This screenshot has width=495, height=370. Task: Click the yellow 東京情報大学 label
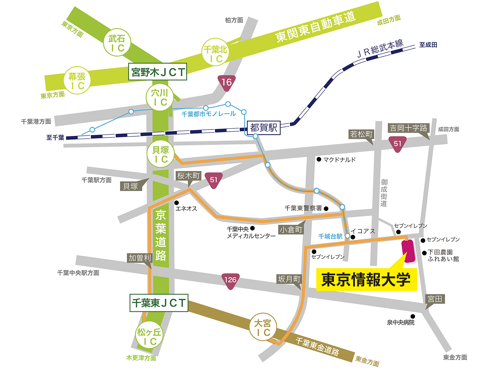click(366, 280)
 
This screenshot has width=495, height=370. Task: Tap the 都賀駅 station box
click(264, 128)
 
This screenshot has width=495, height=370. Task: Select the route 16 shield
click(226, 83)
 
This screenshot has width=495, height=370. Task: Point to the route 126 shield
click(230, 281)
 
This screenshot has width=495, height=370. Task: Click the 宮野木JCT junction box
click(157, 72)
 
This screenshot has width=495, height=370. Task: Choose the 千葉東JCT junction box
click(159, 303)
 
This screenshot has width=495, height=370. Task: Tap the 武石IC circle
click(117, 43)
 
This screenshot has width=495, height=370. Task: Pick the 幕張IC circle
click(77, 81)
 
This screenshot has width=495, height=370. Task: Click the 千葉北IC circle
click(215, 53)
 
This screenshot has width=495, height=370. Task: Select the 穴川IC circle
click(160, 97)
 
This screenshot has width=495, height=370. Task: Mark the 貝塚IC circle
click(160, 154)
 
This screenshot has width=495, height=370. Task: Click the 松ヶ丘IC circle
click(149, 336)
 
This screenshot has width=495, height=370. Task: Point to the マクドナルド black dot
click(319, 159)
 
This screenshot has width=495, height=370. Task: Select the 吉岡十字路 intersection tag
click(408, 128)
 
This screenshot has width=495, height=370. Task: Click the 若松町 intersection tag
click(361, 134)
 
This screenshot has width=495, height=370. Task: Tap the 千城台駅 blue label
click(330, 236)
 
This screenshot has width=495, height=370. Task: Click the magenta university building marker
click(408, 251)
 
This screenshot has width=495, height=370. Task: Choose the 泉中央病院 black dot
click(412, 316)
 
